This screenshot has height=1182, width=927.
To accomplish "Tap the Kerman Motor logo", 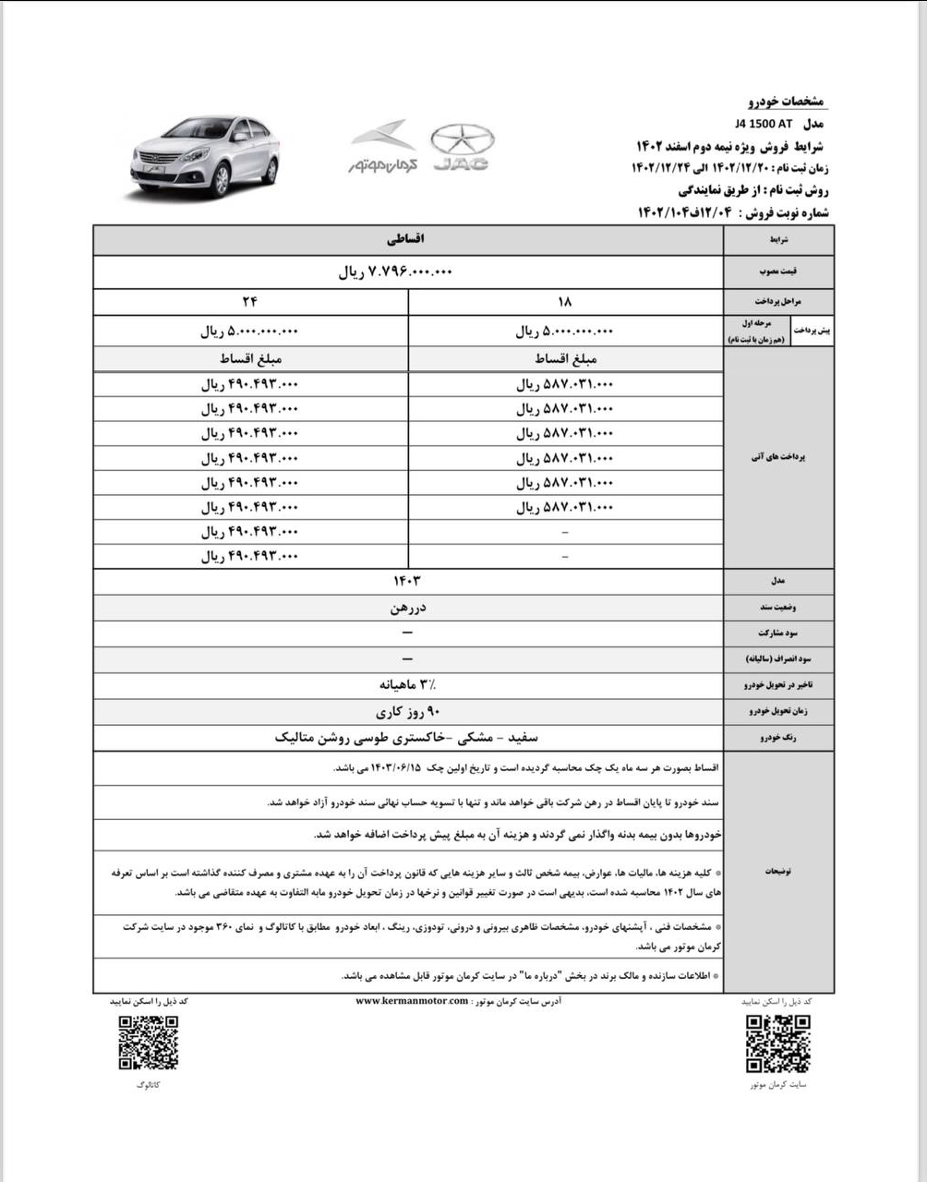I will click(x=383, y=147).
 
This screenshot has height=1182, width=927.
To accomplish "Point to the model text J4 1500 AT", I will click(x=764, y=123).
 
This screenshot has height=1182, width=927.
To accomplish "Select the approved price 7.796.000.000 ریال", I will click(x=397, y=271).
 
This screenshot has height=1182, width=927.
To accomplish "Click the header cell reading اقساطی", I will click(x=407, y=238).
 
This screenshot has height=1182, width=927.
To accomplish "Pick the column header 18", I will click(x=565, y=301).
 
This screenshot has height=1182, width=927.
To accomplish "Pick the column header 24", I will click(x=250, y=301).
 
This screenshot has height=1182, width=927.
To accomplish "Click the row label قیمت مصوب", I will click(x=778, y=271).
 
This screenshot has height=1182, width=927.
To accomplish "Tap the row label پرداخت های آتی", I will click(x=778, y=457).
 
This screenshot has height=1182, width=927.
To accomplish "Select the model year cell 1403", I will click(x=407, y=580).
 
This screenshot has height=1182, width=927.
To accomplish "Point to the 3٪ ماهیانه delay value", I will click(x=407, y=684).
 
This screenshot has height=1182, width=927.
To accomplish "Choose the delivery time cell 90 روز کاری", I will click(x=407, y=711).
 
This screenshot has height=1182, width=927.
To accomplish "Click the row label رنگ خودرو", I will click(x=778, y=738).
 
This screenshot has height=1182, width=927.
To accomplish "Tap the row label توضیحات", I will click(x=778, y=871).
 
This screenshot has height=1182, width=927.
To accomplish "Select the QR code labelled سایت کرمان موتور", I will click(x=778, y=1043).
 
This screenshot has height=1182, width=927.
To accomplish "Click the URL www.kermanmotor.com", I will click(x=412, y=1001).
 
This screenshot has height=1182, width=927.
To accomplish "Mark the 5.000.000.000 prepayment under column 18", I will click(x=564, y=331).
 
